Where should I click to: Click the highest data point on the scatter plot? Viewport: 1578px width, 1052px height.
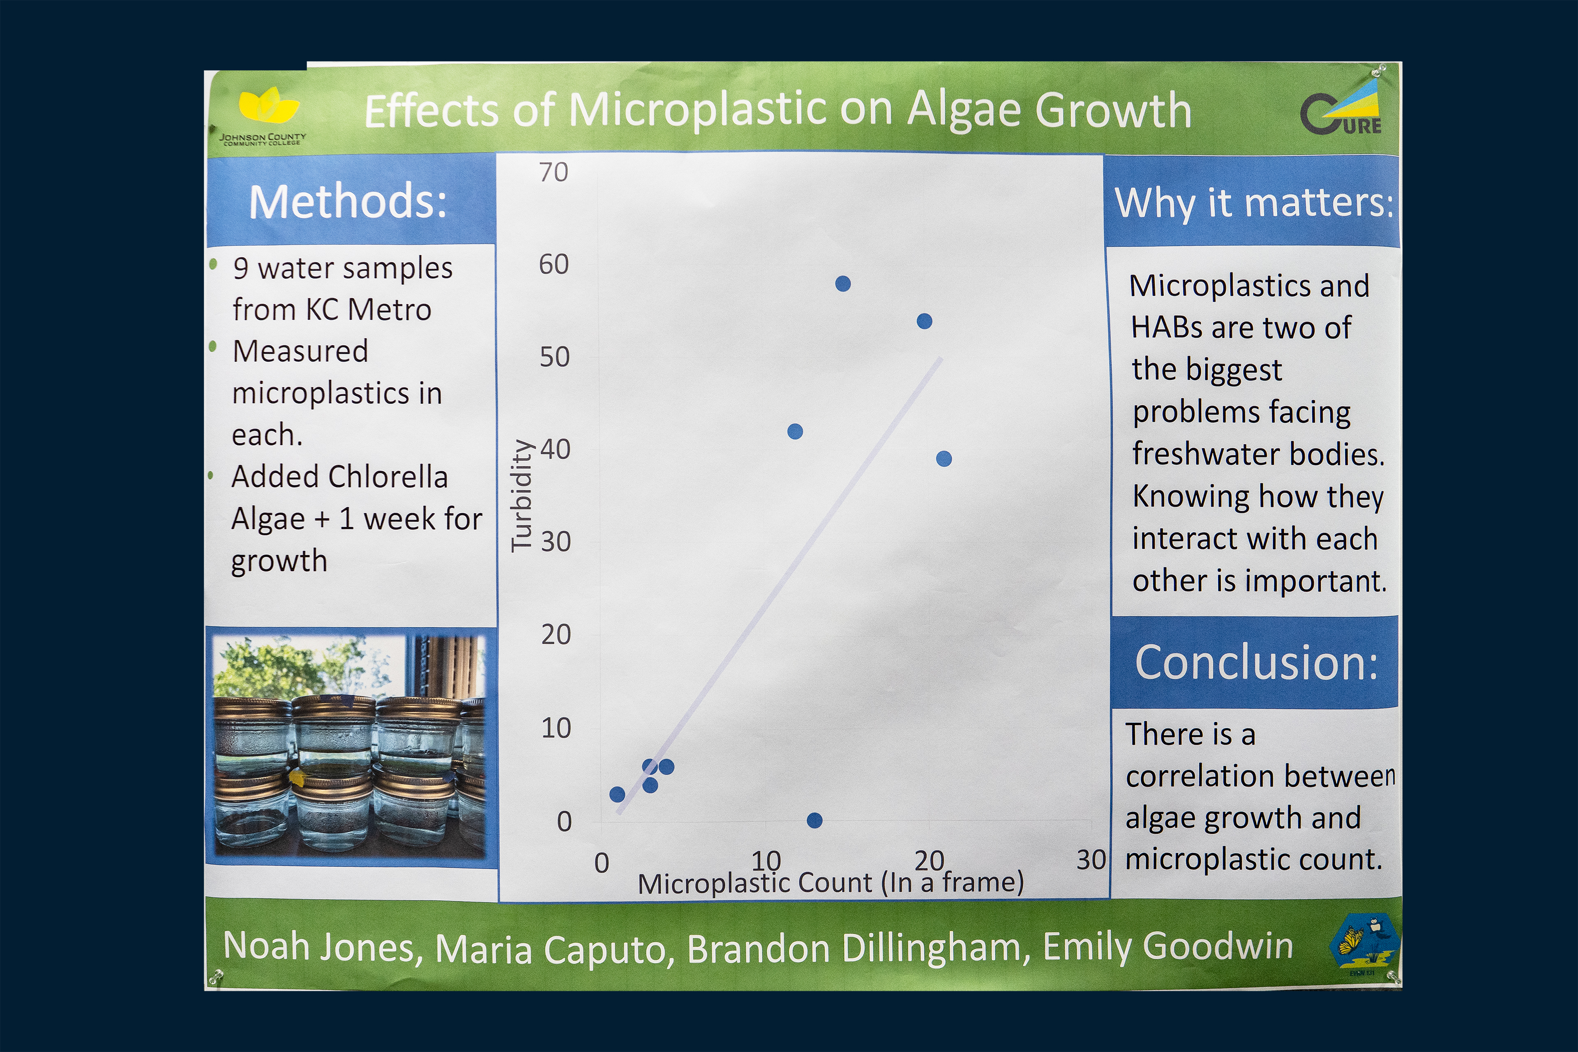pos(843,284)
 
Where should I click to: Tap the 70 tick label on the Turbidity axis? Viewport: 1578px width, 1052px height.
pos(554,173)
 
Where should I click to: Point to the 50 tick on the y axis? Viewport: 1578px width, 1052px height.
pos(555,357)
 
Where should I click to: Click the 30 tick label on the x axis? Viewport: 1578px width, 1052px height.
pos(1091,859)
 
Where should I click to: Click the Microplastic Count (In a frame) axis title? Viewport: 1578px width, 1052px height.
pos(831,883)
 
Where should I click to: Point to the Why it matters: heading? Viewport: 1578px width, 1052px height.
pos(1254,203)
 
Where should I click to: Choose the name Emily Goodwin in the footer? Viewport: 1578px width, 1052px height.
pos(1168,946)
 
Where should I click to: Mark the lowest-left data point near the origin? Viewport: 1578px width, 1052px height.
pos(617,794)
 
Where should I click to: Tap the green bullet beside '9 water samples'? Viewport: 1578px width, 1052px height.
pos(213,264)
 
